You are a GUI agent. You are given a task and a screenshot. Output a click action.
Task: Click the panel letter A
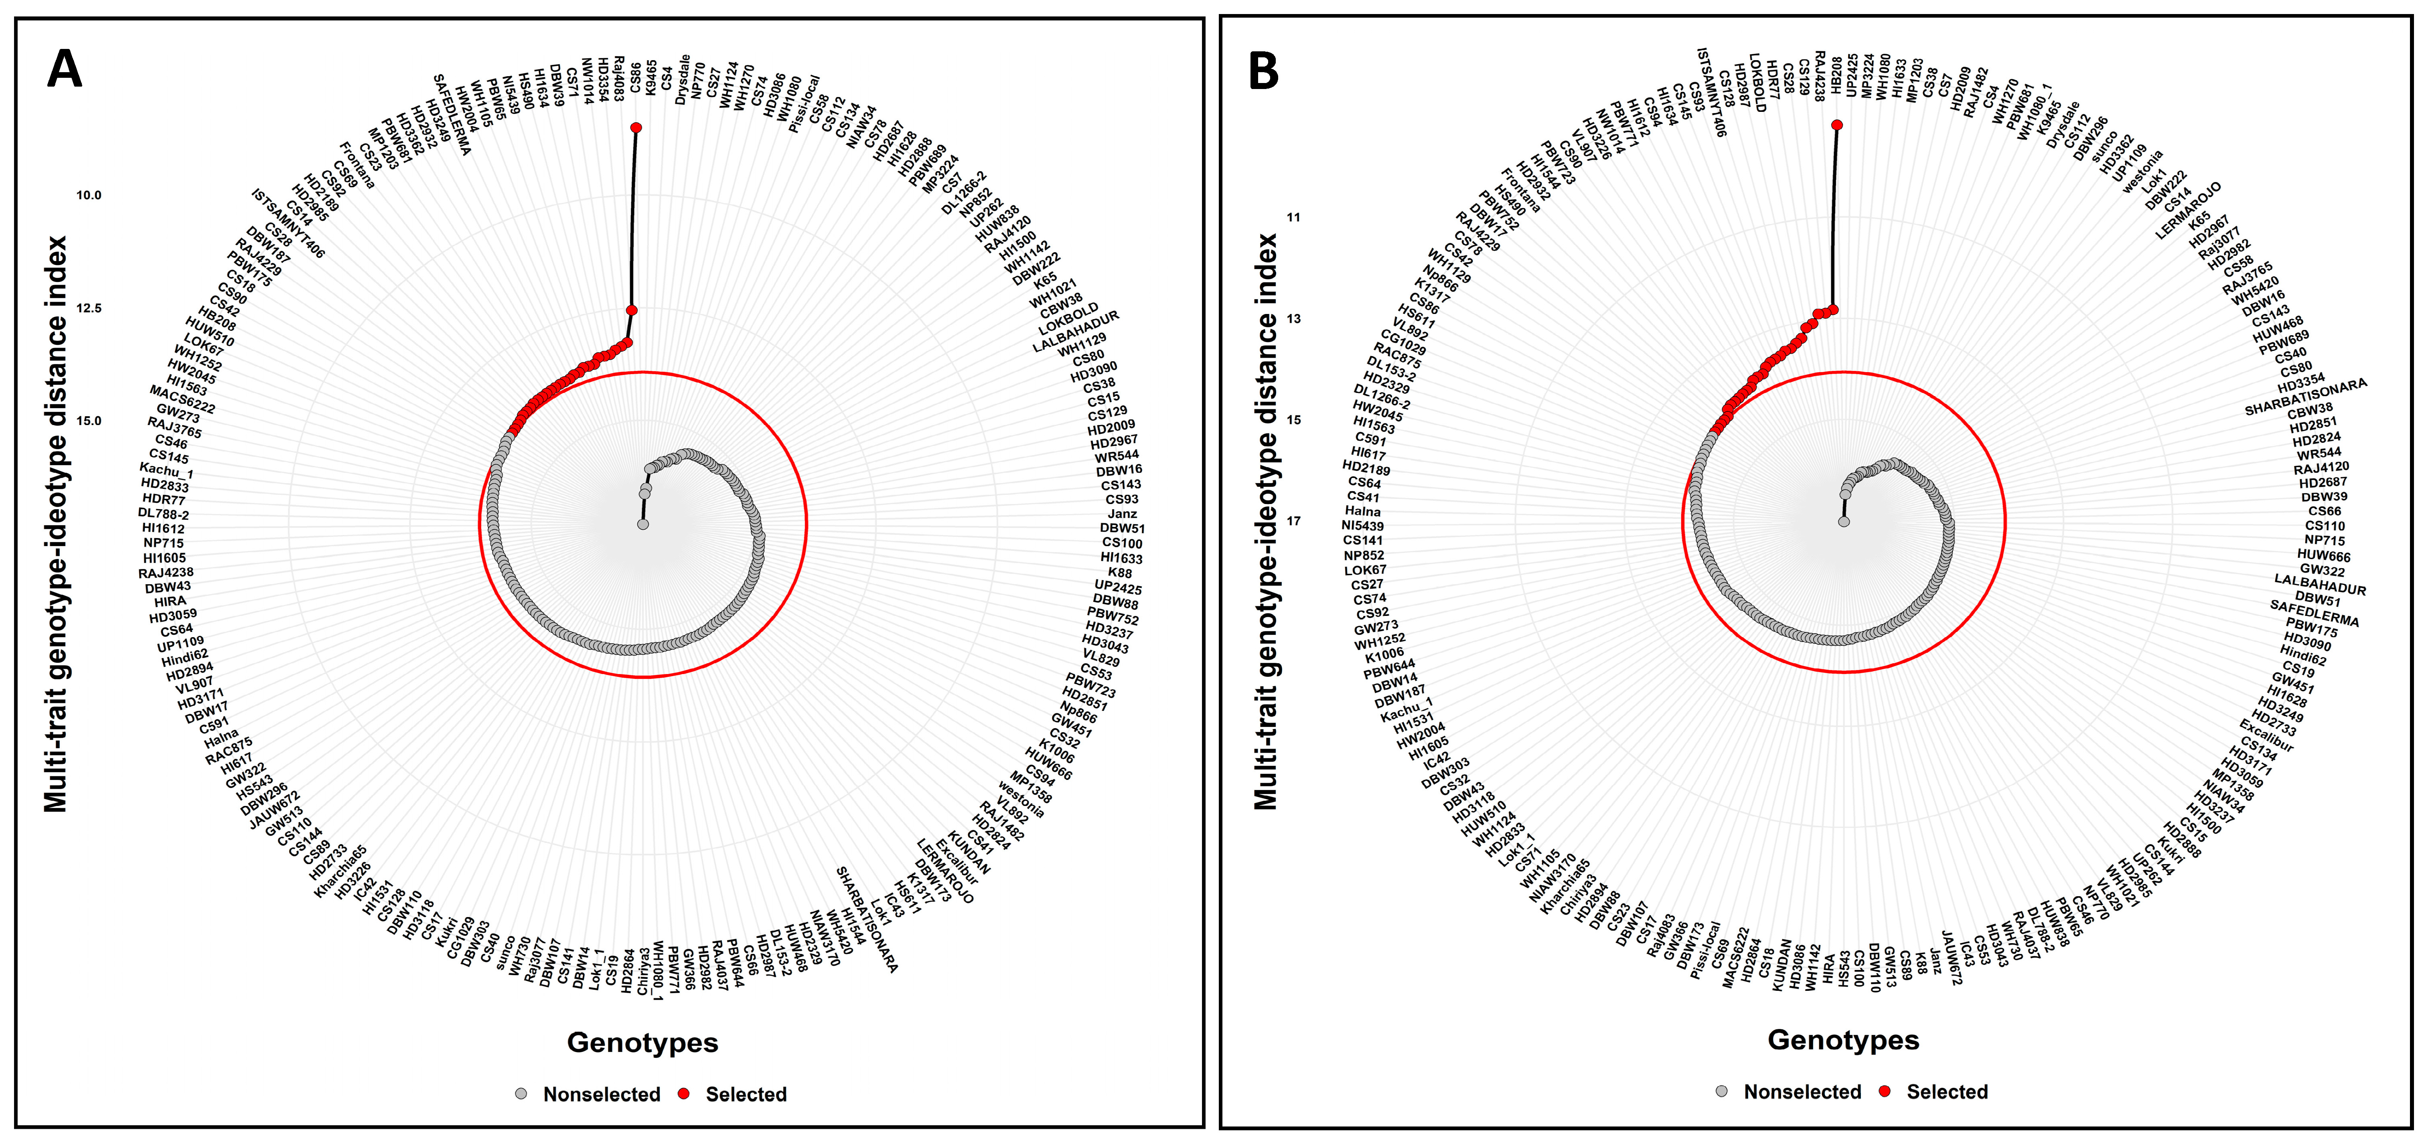64,70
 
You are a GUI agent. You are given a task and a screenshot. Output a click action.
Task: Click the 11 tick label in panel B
1293,217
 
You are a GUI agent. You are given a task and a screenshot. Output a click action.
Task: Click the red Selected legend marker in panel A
684,1093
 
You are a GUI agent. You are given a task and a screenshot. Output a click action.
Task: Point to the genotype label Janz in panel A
1122,514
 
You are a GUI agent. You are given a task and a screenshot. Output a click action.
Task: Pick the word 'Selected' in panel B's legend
1947,1091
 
